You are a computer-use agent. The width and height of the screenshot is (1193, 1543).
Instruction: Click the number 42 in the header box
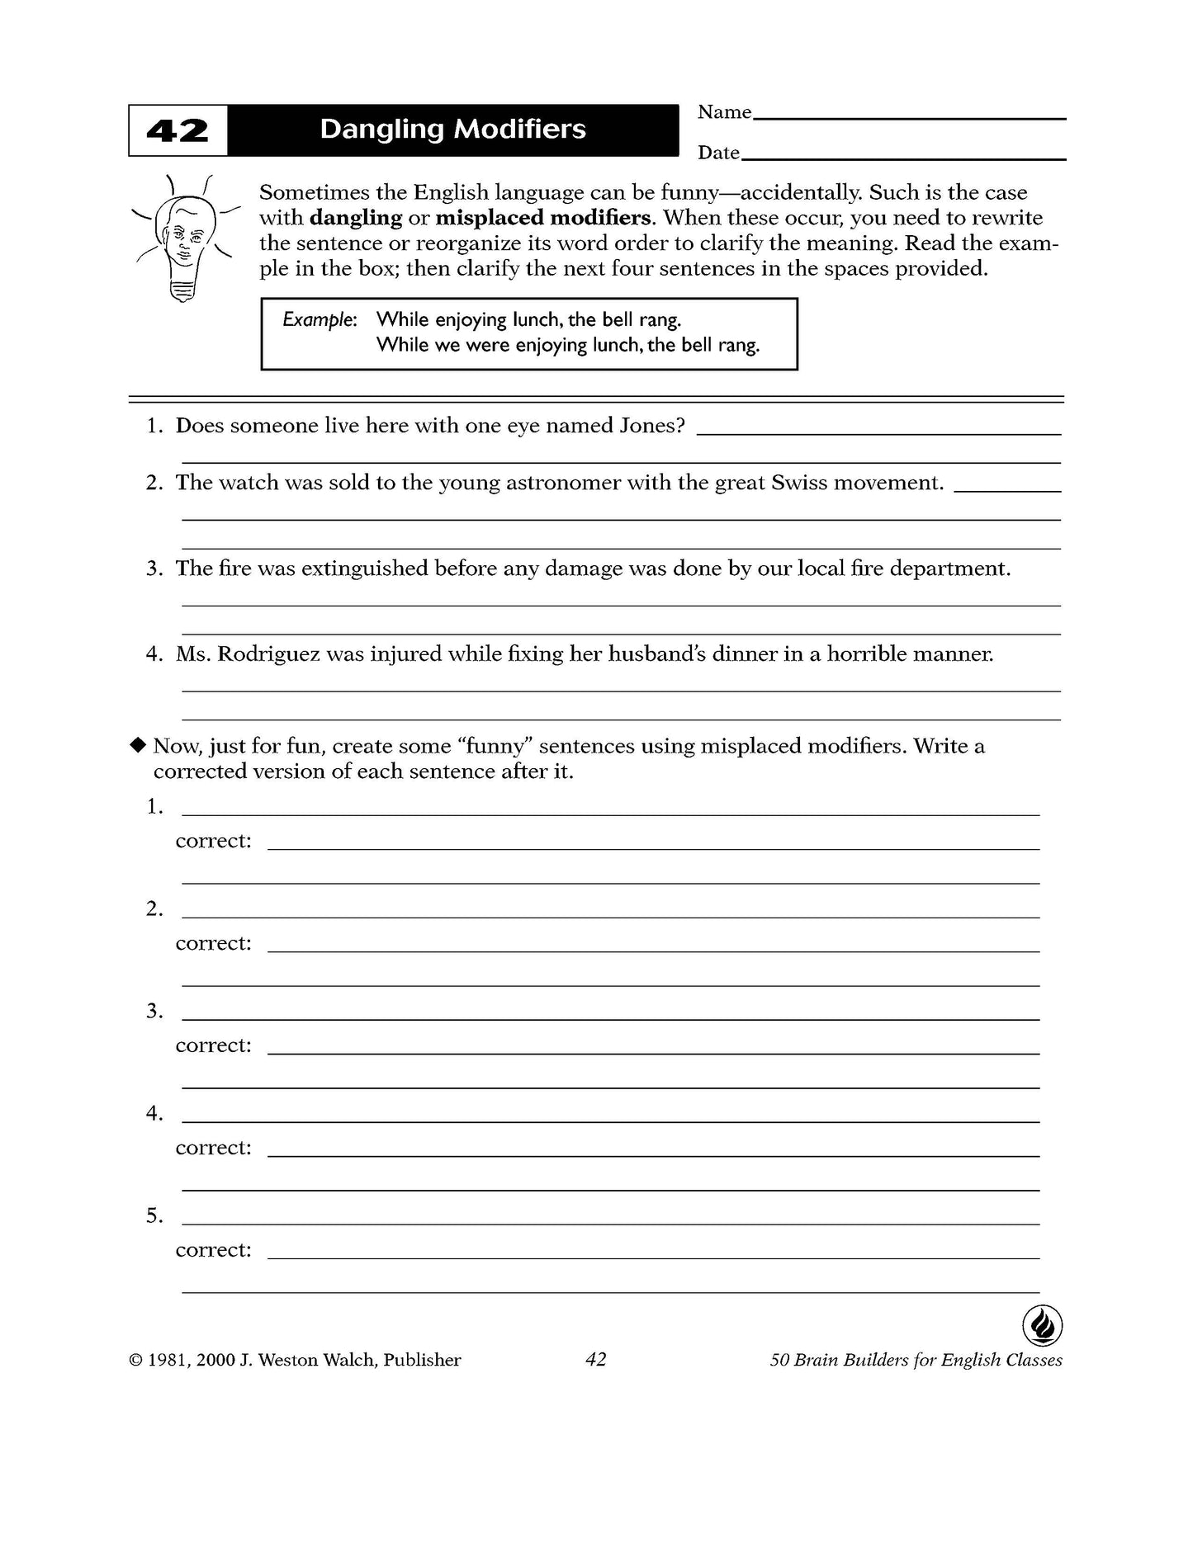pos(178,131)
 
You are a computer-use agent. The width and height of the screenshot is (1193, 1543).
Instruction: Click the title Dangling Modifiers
pos(452,130)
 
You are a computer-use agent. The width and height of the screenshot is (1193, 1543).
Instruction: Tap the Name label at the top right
pos(724,112)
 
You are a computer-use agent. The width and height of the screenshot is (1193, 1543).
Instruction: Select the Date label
pos(718,153)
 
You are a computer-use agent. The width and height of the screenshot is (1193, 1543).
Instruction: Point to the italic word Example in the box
pos(319,320)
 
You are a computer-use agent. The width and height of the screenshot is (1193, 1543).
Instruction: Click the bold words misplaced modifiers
pos(544,218)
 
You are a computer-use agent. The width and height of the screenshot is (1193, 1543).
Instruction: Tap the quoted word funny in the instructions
pos(496,746)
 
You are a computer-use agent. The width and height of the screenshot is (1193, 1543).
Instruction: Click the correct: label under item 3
pos(213,1045)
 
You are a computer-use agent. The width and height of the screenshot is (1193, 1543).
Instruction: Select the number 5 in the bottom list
pos(154,1215)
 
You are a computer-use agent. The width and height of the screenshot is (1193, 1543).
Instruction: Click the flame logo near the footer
pos(1042,1326)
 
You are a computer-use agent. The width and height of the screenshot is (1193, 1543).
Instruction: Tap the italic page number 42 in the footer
pos(595,1359)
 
